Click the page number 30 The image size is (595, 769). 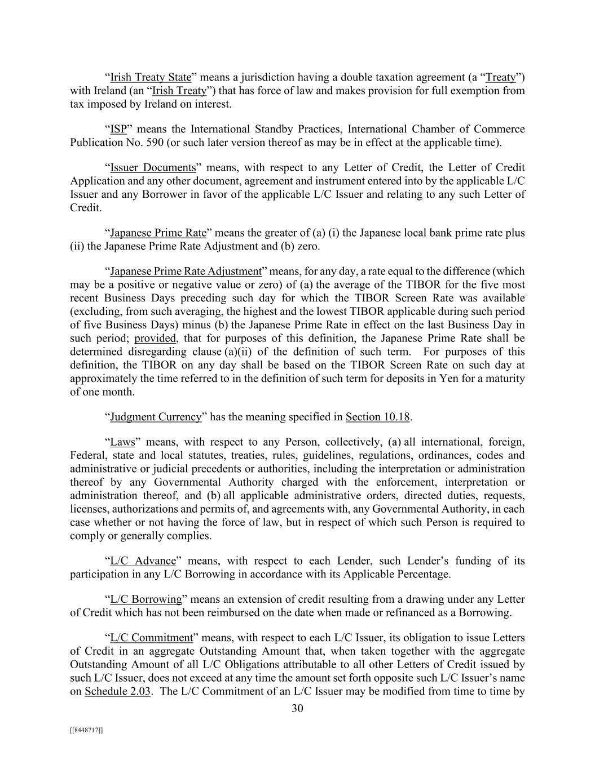297,708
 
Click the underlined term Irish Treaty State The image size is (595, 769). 151,77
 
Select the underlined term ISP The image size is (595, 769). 118,130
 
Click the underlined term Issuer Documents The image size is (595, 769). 153,167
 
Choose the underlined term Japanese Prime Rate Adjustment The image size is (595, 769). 186,272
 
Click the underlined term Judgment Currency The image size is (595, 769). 156,417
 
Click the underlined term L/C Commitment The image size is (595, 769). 152,638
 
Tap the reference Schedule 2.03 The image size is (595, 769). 117,691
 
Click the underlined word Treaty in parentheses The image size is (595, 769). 501,77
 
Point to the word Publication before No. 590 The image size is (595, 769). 94,143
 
